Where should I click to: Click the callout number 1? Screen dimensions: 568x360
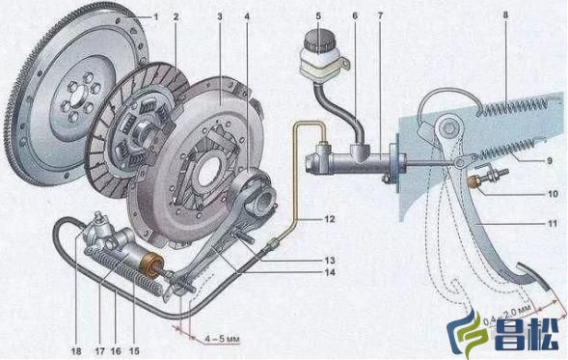[x=156, y=16]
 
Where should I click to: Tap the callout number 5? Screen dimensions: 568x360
[x=318, y=16]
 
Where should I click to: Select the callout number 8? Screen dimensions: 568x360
[x=505, y=15]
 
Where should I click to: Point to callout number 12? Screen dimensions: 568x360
[x=330, y=219]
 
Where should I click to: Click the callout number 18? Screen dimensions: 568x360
[x=76, y=351]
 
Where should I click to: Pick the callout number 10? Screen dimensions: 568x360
[x=553, y=194]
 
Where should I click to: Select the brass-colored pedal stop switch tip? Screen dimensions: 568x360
[x=473, y=181]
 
